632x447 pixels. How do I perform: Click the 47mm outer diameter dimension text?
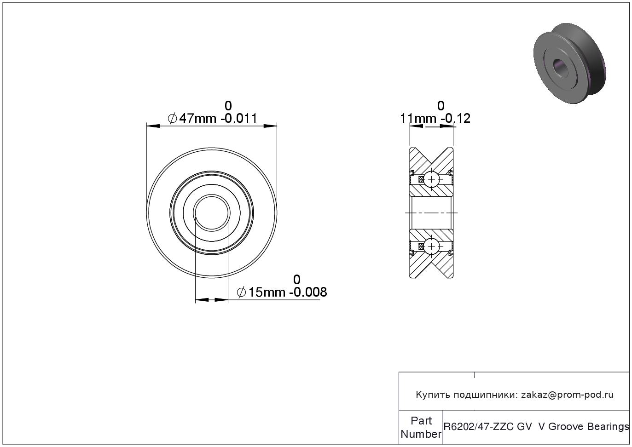(198, 118)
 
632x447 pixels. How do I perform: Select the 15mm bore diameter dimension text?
(267, 292)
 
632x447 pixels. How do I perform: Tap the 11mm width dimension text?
(419, 118)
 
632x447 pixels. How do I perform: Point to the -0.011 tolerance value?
(239, 118)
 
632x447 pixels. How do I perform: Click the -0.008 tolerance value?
(308, 292)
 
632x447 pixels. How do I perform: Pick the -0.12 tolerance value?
(455, 118)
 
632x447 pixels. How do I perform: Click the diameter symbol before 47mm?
(172, 118)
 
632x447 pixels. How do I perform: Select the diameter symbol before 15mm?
(242, 292)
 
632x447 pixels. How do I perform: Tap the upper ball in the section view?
(432, 179)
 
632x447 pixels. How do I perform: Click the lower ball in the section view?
(432, 246)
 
